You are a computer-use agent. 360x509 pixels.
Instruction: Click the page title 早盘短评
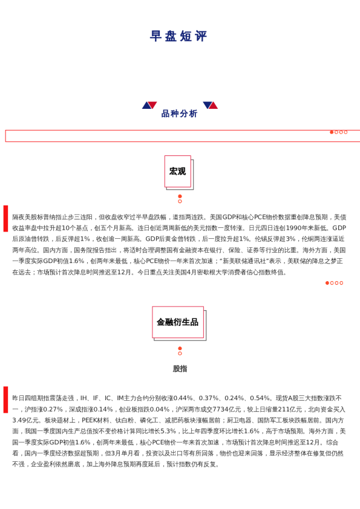tap(179, 36)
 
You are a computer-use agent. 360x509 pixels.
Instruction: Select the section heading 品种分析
tap(179, 114)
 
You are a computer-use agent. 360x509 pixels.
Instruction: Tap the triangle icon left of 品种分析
tap(149, 105)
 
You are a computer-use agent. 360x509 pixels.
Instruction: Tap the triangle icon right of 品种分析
tap(210, 105)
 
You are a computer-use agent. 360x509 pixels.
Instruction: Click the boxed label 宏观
tap(177, 171)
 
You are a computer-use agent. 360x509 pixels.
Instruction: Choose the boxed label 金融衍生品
tap(177, 322)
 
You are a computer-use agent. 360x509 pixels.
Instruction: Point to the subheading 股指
tap(180, 369)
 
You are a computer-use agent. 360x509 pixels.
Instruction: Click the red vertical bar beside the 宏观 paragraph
tap(6, 218)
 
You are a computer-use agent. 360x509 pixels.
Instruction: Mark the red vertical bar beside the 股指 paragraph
tap(6, 399)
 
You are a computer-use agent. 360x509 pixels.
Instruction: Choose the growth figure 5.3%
tap(168, 431)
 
